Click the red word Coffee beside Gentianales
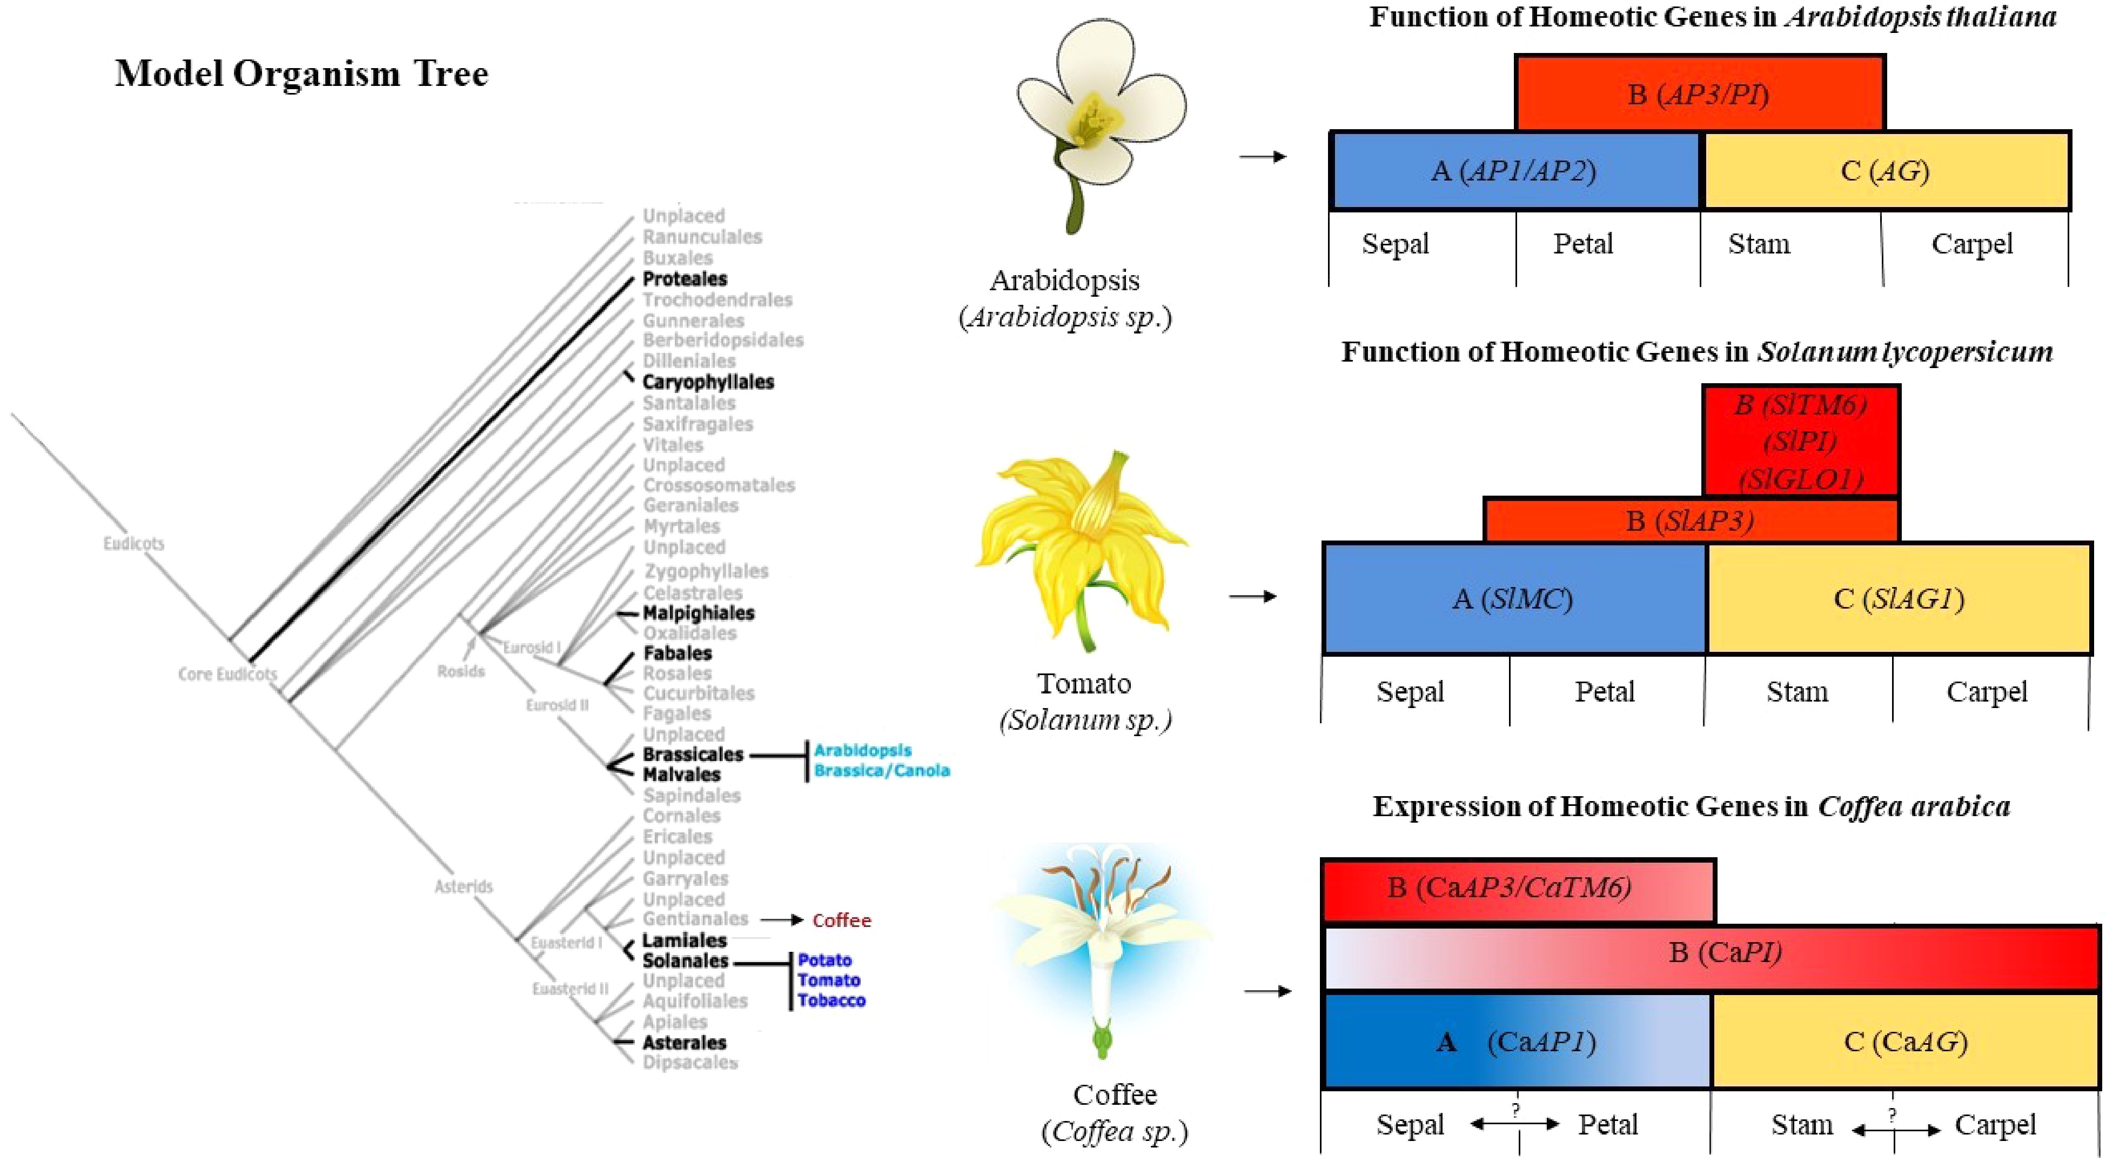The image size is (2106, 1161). click(841, 920)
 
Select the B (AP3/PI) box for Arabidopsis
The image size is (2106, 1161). click(1699, 94)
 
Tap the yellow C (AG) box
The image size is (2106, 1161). click(1884, 171)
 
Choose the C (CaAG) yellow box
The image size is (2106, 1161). click(1906, 1042)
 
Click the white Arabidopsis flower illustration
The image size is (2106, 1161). click(1096, 115)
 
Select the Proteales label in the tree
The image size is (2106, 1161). click(685, 279)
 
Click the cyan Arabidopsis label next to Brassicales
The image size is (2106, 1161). click(862, 750)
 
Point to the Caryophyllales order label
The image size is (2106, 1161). click(708, 382)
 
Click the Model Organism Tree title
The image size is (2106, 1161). click(301, 74)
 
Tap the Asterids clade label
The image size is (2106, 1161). click(464, 886)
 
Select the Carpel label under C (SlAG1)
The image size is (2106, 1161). click(1987, 692)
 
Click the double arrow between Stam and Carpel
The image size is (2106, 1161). click(1895, 1131)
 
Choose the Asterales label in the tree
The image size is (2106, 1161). click(685, 1043)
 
